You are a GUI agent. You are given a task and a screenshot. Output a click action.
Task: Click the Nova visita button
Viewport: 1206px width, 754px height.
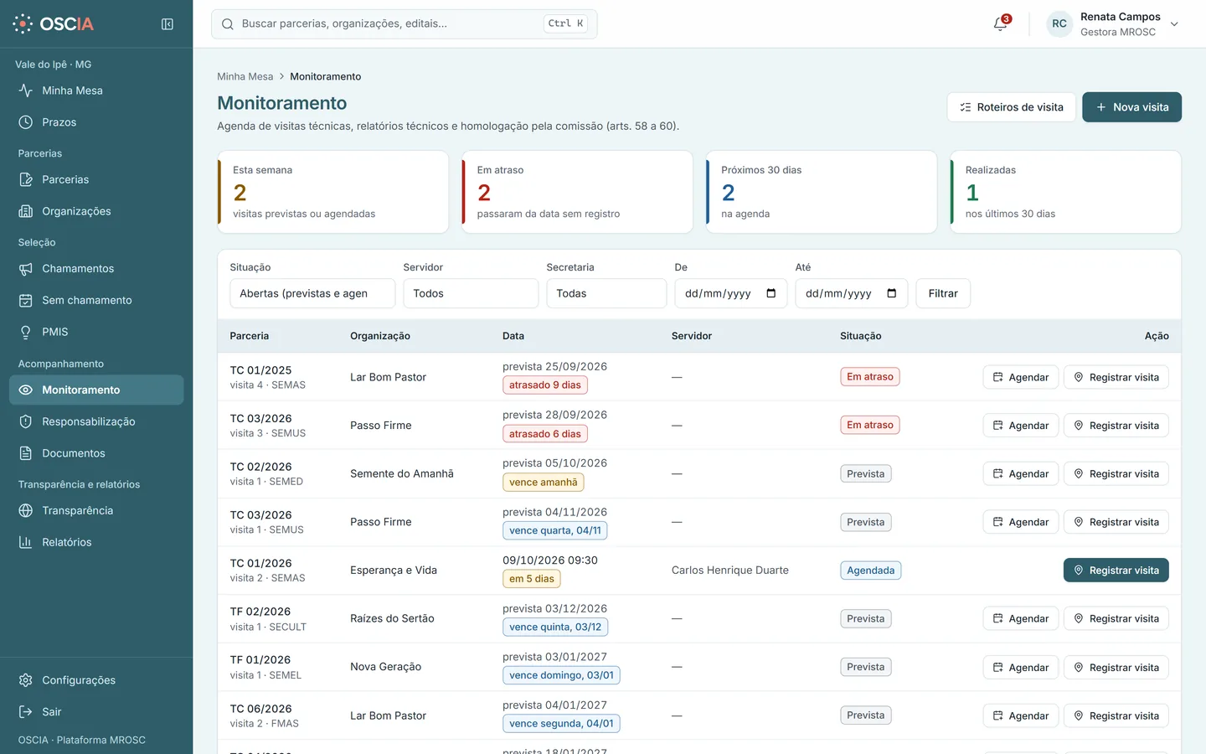1131,107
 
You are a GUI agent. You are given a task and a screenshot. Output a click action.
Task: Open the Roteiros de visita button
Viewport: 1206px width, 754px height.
1011,107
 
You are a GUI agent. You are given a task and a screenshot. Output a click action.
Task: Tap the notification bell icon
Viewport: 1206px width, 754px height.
1000,23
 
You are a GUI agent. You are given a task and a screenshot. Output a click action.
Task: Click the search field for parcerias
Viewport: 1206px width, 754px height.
405,23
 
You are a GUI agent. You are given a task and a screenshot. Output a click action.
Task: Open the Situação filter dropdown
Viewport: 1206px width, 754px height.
312,293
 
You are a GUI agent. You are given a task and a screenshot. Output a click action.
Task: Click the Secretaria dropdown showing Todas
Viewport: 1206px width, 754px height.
606,293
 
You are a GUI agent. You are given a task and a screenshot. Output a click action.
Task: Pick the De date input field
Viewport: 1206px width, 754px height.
730,293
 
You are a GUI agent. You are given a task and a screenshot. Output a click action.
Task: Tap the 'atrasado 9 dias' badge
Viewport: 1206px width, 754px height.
545,385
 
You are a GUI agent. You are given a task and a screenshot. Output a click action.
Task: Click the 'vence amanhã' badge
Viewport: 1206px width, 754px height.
544,482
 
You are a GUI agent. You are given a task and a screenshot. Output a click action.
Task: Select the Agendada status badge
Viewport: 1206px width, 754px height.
871,571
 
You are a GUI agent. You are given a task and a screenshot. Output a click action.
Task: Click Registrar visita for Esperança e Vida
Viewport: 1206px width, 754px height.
1116,571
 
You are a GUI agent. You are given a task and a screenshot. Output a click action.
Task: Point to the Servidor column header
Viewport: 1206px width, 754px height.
691,336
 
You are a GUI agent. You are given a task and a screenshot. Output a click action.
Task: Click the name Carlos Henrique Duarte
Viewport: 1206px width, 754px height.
730,571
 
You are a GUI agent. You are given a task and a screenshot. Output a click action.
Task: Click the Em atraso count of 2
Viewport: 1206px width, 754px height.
484,193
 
